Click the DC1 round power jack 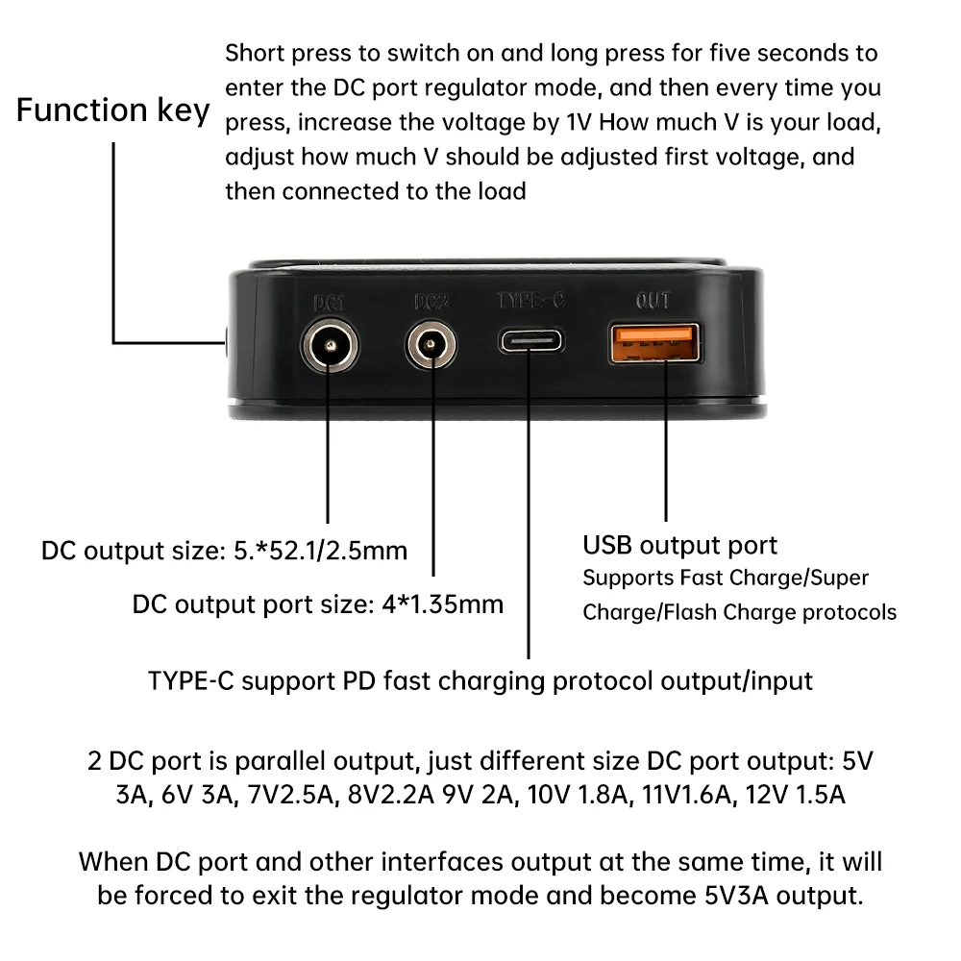tap(328, 344)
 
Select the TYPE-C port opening tap(530, 342)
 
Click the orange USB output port tap(653, 343)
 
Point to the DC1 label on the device tap(329, 302)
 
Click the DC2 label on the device tap(431, 302)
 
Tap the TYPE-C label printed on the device tap(530, 301)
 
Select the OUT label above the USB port tap(653, 301)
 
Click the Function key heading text tap(112, 111)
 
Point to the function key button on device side tap(224, 341)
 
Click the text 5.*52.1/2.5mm tap(321, 551)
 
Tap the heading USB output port tap(679, 545)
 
